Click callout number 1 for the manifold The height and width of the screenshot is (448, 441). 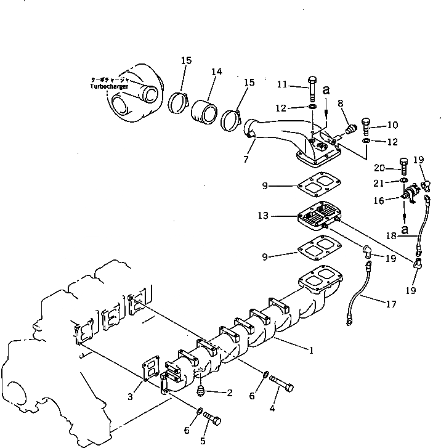tap(312, 351)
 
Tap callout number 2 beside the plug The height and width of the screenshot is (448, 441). tap(230, 392)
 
